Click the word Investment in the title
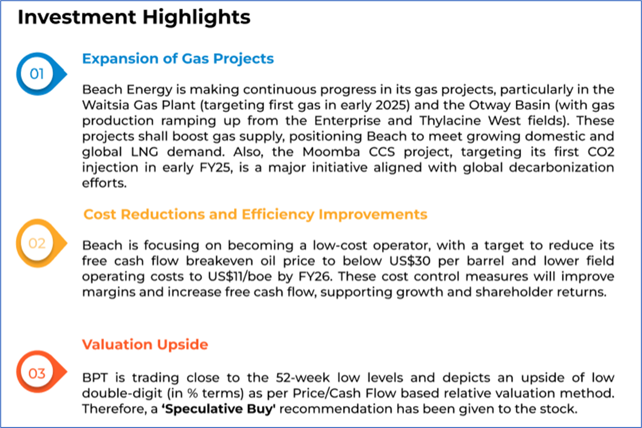[77, 17]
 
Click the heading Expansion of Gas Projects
[178, 59]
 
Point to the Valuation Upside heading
[145, 344]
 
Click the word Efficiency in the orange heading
[278, 215]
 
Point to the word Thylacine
[450, 121]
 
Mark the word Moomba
[331, 152]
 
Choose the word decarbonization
[561, 168]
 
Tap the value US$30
[410, 261]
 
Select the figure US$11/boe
[239, 277]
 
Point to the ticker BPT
[95, 378]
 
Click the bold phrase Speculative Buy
[219, 409]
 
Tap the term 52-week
[303, 378]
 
